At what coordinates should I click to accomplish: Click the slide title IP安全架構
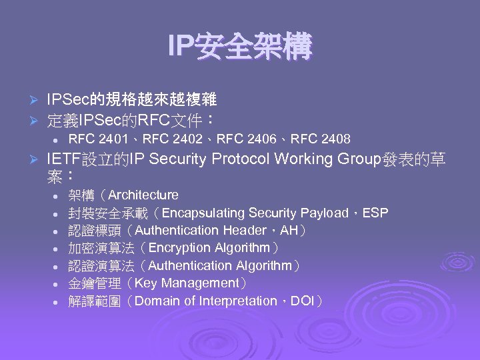click(x=240, y=47)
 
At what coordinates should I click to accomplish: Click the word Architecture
click(x=143, y=195)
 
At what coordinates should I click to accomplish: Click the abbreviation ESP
click(x=377, y=213)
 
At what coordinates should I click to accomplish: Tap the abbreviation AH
click(x=289, y=231)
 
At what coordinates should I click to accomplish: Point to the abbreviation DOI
click(x=303, y=301)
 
